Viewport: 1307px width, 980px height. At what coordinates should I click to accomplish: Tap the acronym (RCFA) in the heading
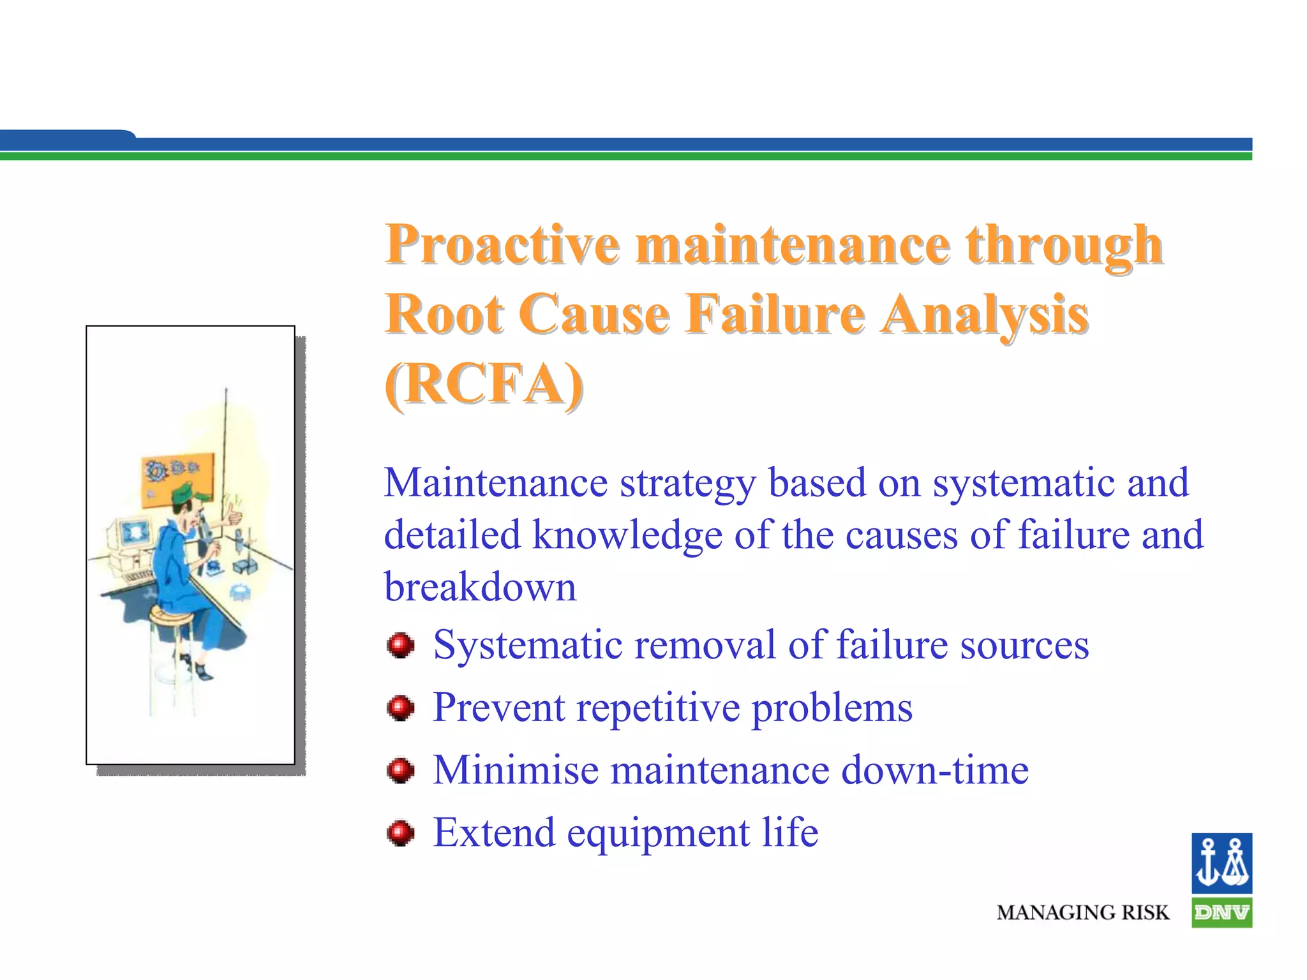484,384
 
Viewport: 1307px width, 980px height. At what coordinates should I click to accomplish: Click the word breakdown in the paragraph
480,587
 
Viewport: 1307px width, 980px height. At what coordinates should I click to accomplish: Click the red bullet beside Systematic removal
401,646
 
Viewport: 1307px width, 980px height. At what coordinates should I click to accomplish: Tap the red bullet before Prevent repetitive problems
401,708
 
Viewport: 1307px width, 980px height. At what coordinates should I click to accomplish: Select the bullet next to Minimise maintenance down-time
401,771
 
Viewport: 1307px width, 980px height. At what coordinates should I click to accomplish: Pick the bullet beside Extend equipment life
401,833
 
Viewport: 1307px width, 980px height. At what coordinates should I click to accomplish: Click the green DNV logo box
1221,913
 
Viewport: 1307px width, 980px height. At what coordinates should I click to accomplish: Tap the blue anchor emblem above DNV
1221,863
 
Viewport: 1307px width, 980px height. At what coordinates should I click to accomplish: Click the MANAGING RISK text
1083,913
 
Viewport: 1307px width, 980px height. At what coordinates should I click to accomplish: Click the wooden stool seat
171,615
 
